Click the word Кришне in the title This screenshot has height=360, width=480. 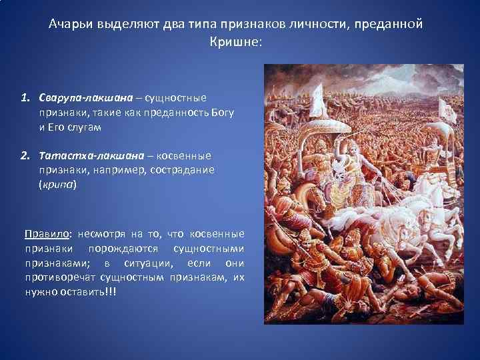(x=235, y=41)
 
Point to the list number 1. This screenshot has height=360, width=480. (x=25, y=98)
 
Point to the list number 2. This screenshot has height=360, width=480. (x=25, y=155)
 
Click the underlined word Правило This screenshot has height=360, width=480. (x=47, y=234)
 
